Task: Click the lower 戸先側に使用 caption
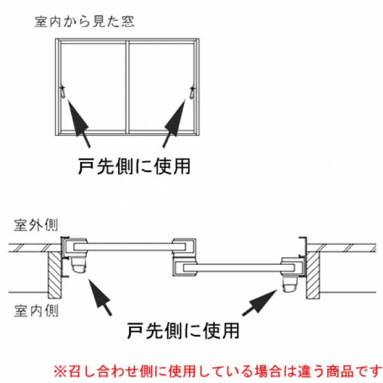[x=183, y=330]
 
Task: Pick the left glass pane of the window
[x=94, y=86]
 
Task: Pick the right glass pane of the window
[x=163, y=86]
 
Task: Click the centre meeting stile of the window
[x=128, y=86]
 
